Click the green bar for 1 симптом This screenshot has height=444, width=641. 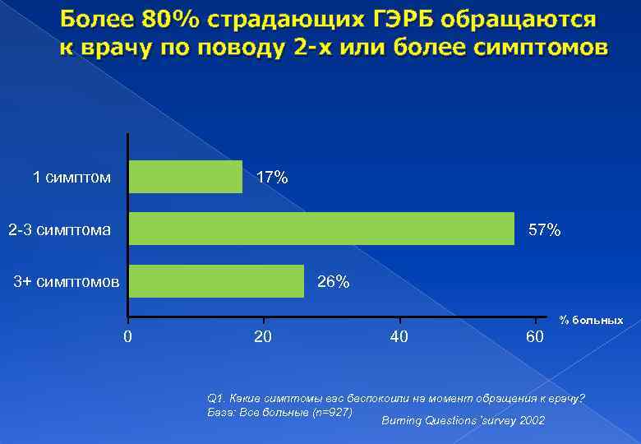point(186,177)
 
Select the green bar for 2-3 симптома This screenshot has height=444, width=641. point(321,229)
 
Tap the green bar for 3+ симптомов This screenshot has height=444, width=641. point(216,281)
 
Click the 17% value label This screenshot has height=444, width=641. point(272,178)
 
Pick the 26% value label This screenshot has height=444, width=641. point(333,283)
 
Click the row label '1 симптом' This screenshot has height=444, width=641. point(71,177)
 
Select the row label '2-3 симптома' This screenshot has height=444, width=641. point(59,229)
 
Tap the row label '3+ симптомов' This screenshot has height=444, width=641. point(67,282)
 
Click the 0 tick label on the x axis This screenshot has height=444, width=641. point(127,335)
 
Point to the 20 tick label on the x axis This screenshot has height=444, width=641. point(263,335)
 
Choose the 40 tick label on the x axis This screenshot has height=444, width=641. point(399,335)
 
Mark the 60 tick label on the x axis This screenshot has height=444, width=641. point(534,335)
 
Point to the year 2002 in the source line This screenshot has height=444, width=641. point(528,420)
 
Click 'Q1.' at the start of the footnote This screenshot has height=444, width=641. point(219,398)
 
